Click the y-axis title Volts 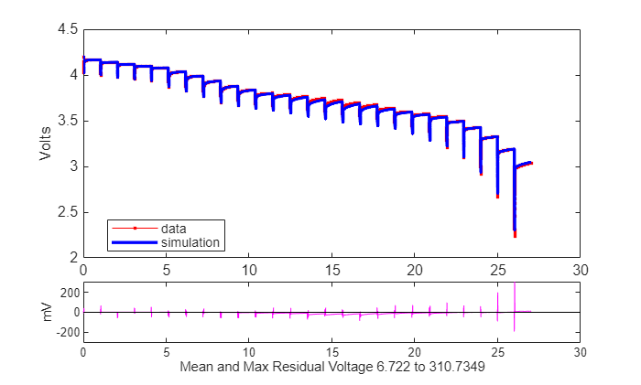pyautogui.click(x=46, y=144)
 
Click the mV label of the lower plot pyautogui.click(x=48, y=313)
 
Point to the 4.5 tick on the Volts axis pyautogui.click(x=68, y=29)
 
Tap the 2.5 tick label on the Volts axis pyautogui.click(x=68, y=212)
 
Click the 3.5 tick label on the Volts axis pyautogui.click(x=68, y=121)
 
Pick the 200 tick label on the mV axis pyautogui.click(x=70, y=293)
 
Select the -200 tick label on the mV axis pyautogui.click(x=68, y=332)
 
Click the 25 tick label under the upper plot pyautogui.click(x=497, y=270)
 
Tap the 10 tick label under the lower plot pyautogui.click(x=249, y=352)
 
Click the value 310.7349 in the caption pyautogui.click(x=457, y=367)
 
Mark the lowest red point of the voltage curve pyautogui.click(x=515, y=236)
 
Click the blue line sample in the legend pyautogui.click(x=135, y=242)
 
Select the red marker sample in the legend pyautogui.click(x=135, y=229)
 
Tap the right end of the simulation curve pyautogui.click(x=530, y=163)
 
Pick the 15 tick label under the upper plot pyautogui.click(x=331, y=270)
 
